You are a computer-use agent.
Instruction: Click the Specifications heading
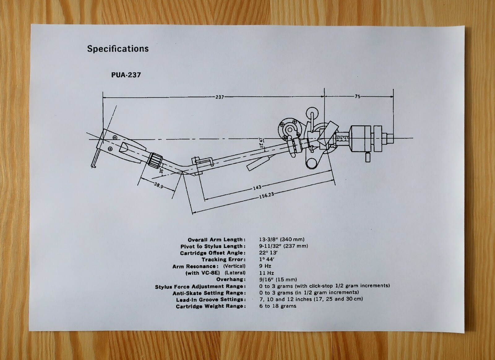[118, 49]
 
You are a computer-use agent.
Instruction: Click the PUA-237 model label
[126, 75]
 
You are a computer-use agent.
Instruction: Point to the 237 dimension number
[219, 97]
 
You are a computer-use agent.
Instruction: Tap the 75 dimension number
[357, 96]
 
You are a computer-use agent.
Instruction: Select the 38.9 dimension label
[158, 185]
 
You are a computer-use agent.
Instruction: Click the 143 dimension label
[257, 187]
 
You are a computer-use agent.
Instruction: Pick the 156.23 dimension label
[266, 195]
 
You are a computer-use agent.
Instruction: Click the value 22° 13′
[268, 253]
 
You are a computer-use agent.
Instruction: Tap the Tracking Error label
[223, 259]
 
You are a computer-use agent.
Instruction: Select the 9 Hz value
[265, 266]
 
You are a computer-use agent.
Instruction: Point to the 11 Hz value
[266, 273]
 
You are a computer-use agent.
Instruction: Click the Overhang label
[231, 280]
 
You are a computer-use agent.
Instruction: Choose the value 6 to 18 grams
[278, 306]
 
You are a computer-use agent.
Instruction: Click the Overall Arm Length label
[217, 240]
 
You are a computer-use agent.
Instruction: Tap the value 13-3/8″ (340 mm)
[282, 239]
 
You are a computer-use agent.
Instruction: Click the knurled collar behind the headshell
[155, 159]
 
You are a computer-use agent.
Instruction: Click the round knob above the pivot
[312, 112]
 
